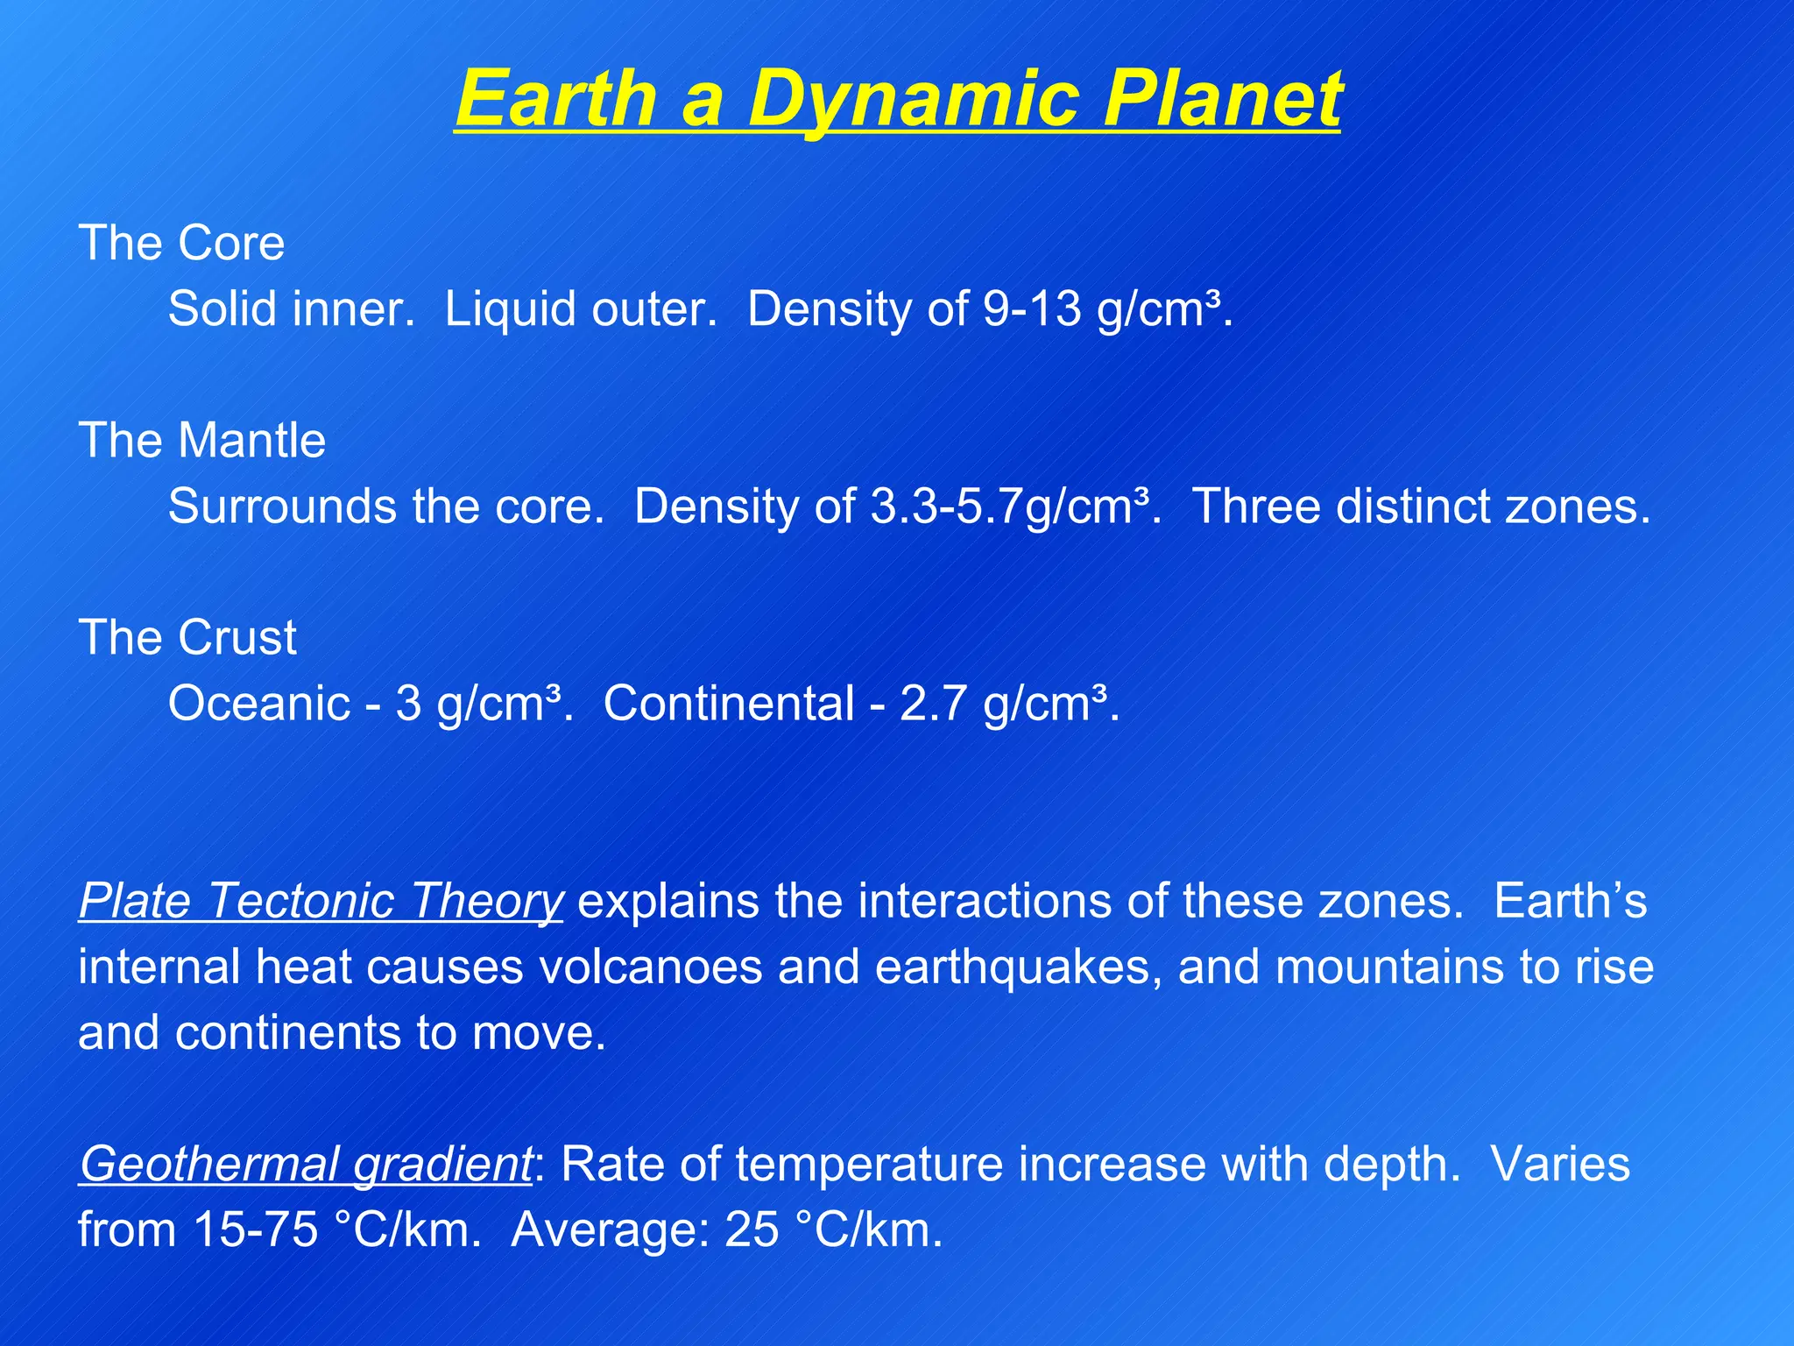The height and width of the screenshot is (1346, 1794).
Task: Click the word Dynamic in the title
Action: pyautogui.click(x=915, y=99)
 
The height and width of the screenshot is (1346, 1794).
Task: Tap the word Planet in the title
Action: pyautogui.click(x=1221, y=99)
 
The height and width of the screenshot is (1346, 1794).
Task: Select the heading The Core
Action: pyautogui.click(x=181, y=243)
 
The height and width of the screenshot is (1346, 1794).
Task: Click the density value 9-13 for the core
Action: pyautogui.click(x=1032, y=309)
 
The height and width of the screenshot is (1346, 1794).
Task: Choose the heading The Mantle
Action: pyautogui.click(x=201, y=440)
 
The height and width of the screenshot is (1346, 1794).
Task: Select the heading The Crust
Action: pyautogui.click(x=187, y=637)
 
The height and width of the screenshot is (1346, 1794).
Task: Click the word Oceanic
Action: pyautogui.click(x=259, y=704)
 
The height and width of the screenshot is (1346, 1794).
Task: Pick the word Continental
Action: pyautogui.click(x=729, y=704)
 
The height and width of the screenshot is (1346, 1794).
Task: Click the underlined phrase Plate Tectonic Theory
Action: pyautogui.click(x=321, y=901)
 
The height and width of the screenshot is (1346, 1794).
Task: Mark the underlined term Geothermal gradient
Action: pyautogui.click(x=305, y=1165)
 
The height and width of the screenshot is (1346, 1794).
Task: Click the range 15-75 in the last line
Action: pyautogui.click(x=255, y=1230)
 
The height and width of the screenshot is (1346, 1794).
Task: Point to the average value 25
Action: pyautogui.click(x=752, y=1230)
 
